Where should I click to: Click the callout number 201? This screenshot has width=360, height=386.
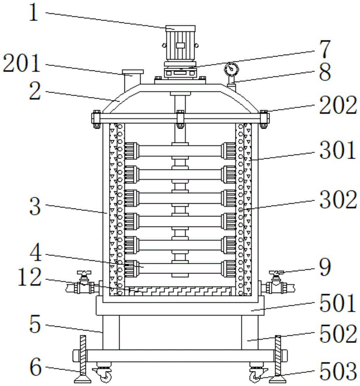[x=21, y=63]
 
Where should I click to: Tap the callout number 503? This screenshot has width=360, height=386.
[x=338, y=371]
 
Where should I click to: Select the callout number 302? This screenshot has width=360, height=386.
[x=338, y=200]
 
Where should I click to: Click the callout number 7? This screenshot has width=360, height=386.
[x=324, y=49]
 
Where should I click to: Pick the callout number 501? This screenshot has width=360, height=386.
[x=338, y=303]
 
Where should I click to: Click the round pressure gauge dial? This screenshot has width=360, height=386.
[x=231, y=69]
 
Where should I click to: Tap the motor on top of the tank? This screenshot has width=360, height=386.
[x=180, y=43]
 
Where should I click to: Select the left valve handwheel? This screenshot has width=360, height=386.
[x=84, y=273]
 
